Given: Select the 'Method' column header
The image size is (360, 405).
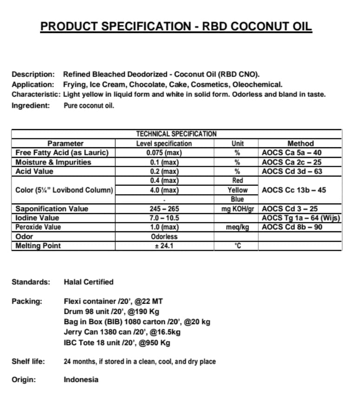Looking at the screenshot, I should (301, 144).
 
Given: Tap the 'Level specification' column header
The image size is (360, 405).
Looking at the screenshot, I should (164, 144).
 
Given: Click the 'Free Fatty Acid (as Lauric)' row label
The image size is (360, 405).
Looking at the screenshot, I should (62, 153).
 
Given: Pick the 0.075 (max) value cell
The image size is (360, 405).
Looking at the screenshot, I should (164, 153).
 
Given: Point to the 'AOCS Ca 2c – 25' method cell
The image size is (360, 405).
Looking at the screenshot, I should (291, 162).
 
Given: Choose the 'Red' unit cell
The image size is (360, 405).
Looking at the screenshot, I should (237, 181).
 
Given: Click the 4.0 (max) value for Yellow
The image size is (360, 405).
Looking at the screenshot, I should (164, 190).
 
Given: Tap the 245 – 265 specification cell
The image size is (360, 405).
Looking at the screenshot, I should (164, 209).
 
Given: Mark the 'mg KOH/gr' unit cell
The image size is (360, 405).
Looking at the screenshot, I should (237, 209).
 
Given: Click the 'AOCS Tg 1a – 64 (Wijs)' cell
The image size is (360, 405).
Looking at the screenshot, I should (301, 218).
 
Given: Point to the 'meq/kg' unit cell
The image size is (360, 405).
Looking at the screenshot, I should (237, 227).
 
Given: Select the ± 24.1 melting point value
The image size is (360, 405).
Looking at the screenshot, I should (164, 246).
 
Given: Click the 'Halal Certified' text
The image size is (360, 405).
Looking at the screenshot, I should (88, 282).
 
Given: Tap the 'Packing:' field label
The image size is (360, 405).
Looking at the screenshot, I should (26, 301).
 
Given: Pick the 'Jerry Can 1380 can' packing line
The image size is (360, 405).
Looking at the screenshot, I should (122, 332).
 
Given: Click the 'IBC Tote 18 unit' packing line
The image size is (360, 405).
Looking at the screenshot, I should (117, 343).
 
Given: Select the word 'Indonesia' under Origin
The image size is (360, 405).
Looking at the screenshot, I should (81, 379).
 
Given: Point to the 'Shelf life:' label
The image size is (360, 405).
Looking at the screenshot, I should (28, 361).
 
